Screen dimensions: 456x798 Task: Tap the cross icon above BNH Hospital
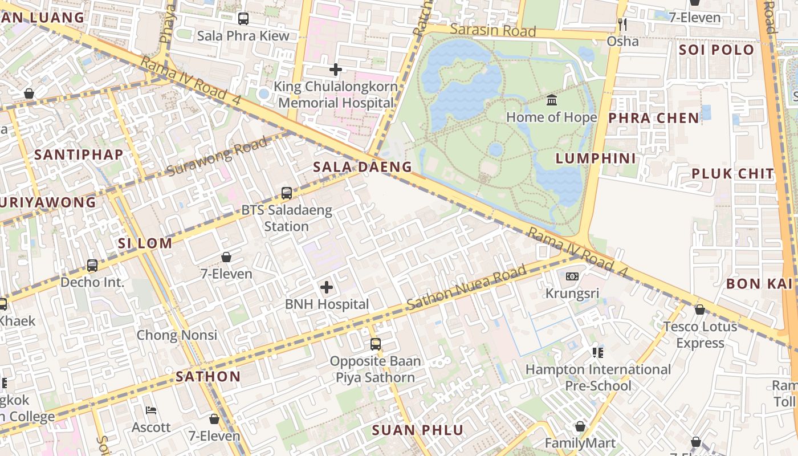point(327,287)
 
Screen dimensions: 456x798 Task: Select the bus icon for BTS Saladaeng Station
point(287,193)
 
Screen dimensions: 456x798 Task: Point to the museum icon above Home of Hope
point(552,100)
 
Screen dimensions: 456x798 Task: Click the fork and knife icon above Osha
point(622,24)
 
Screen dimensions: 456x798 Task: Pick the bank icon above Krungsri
point(572,276)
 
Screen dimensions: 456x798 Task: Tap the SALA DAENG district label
point(363,167)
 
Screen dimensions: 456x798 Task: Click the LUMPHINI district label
point(596,158)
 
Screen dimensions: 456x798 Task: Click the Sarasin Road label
point(492,30)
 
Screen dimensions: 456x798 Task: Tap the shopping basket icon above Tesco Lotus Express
point(699,310)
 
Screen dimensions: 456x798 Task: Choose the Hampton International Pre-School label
point(598,377)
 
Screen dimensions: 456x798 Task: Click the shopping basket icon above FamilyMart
point(580,426)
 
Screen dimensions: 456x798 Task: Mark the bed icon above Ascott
point(151,410)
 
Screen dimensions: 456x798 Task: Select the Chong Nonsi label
point(177,335)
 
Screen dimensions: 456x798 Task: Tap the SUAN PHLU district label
point(418,430)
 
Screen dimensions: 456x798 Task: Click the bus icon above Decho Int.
point(92,265)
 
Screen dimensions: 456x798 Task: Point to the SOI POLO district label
point(716,50)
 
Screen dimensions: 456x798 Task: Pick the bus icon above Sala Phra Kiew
point(243,19)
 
